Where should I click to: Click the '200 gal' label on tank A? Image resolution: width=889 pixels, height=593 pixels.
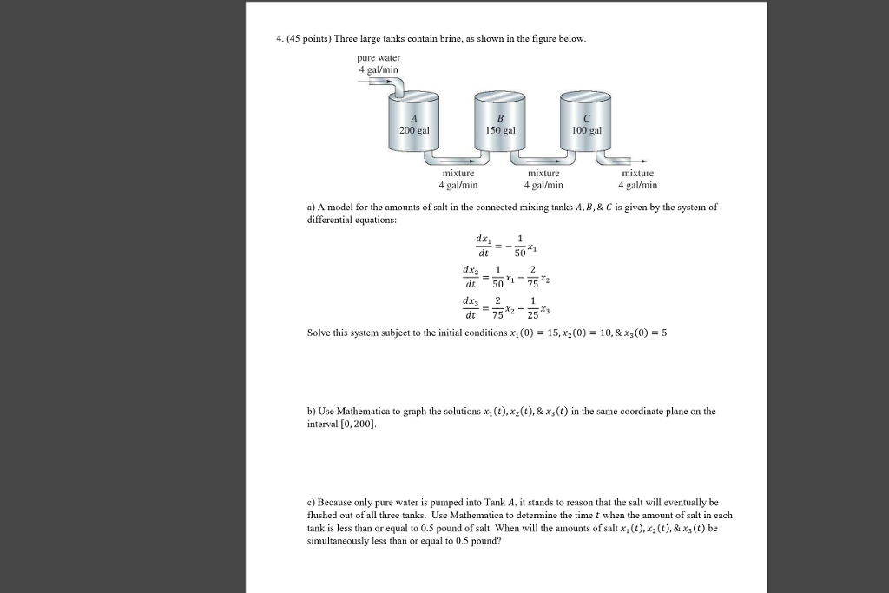pos(414,129)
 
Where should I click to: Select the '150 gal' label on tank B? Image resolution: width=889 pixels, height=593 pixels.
pos(500,129)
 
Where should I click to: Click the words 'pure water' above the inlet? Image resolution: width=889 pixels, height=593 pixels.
pos(379,57)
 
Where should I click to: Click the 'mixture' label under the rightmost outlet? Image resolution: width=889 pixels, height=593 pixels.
pos(637,173)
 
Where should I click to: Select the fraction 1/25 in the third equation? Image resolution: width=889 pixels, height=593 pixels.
pos(533,310)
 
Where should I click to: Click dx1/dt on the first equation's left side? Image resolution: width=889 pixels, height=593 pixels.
pos(482,247)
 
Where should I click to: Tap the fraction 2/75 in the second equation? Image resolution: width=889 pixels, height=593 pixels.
pos(533,276)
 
